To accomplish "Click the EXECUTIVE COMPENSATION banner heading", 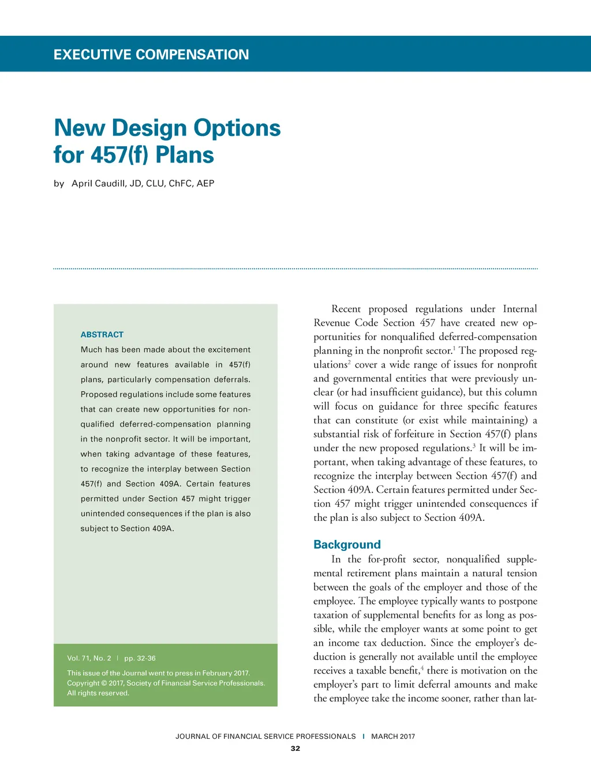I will pyautogui.click(x=151, y=55).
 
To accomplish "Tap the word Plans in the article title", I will pyautogui.click(x=185, y=155).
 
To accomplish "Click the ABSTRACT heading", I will pyautogui.click(x=102, y=334).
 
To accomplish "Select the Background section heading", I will pyautogui.click(x=347, y=545).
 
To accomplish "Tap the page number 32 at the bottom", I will pyautogui.click(x=295, y=749).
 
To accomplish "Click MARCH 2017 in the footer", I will pyautogui.click(x=393, y=737).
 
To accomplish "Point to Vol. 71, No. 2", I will pyautogui.click(x=89, y=658).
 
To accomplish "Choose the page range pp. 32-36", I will pyautogui.click(x=140, y=658).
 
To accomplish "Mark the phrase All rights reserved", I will pyautogui.click(x=98, y=693).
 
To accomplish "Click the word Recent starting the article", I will pyautogui.click(x=346, y=309).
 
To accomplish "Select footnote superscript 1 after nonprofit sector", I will pyautogui.click(x=454, y=348).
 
